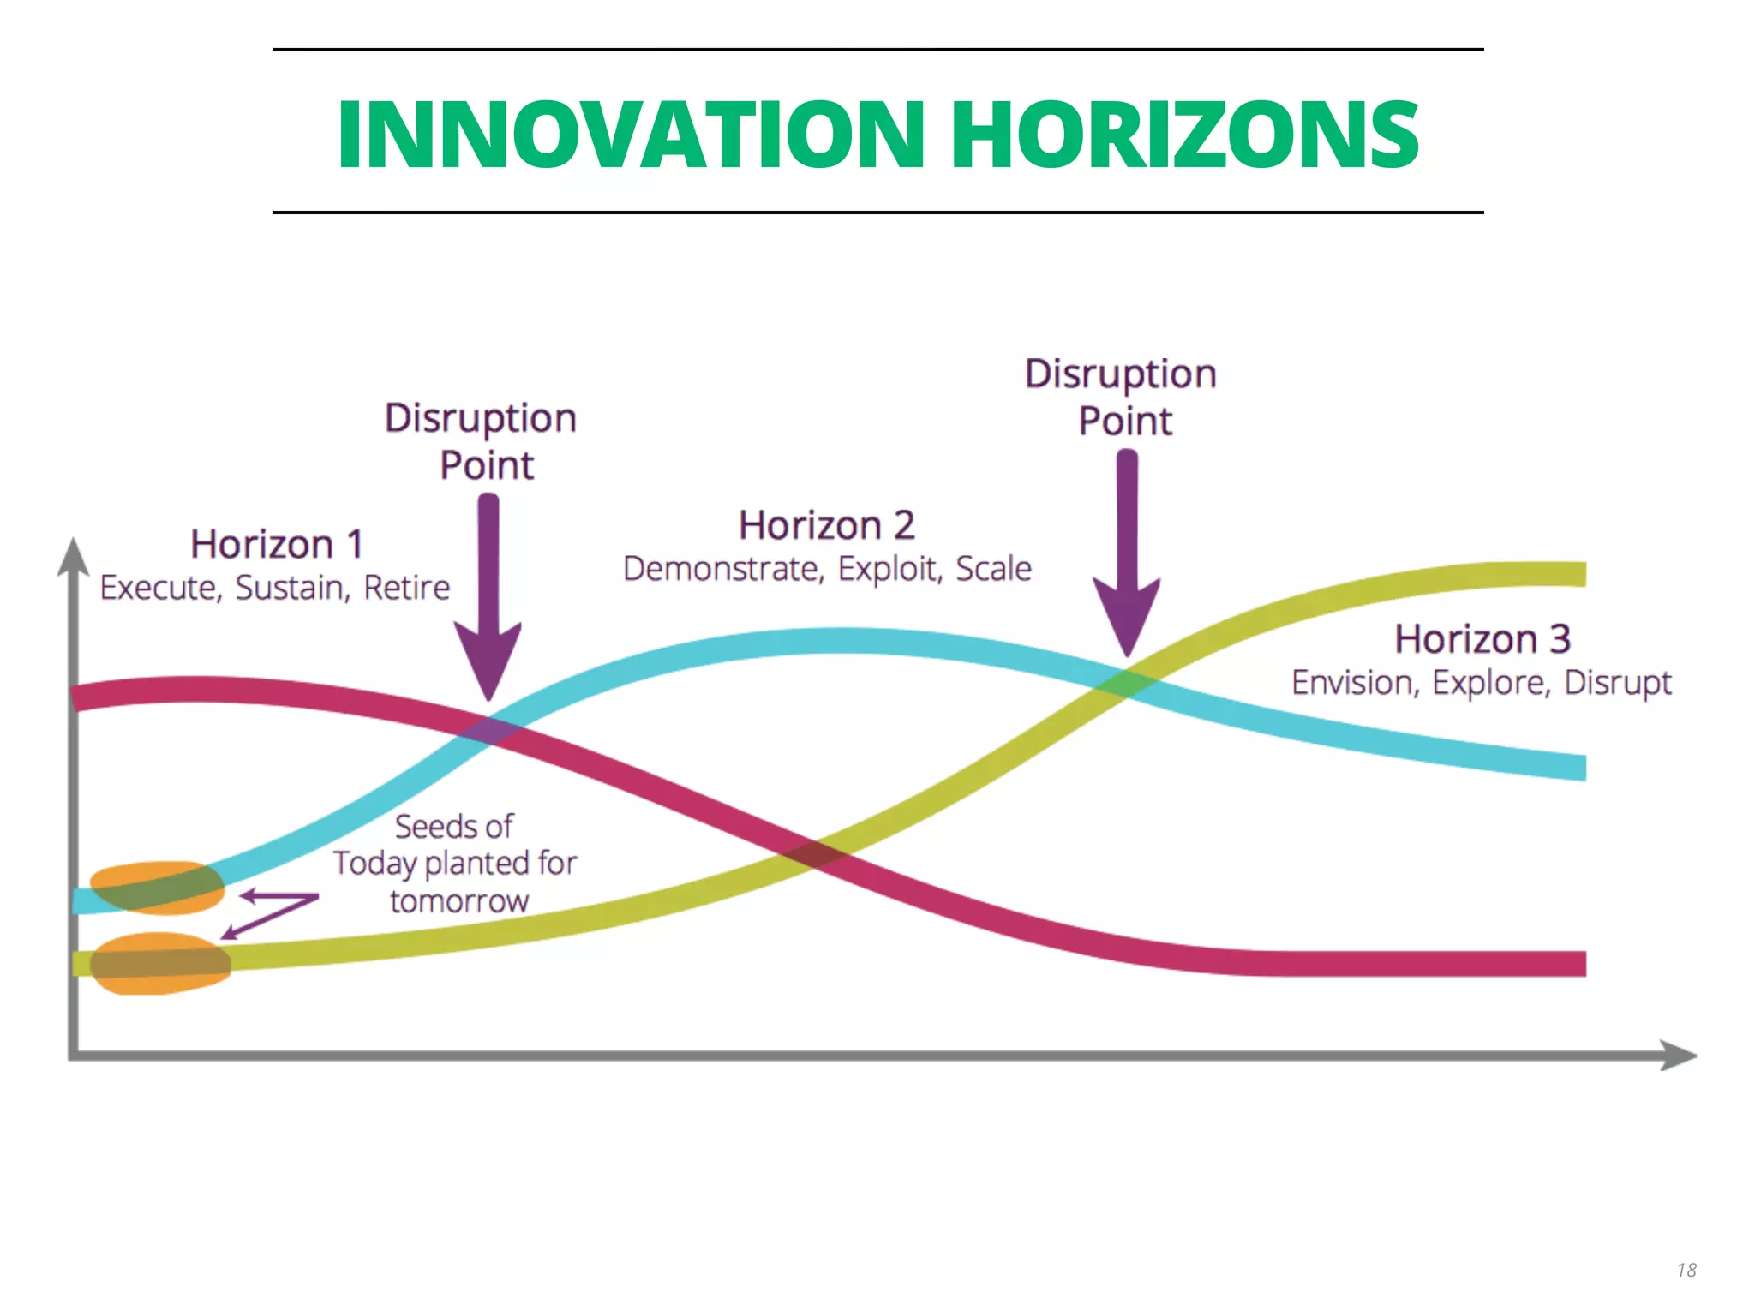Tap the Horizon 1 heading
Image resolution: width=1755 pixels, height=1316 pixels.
pyautogui.click(x=277, y=544)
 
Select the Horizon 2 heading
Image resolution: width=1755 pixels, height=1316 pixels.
pyautogui.click(x=827, y=525)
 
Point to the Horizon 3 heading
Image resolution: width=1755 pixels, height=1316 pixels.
pyautogui.click(x=1482, y=639)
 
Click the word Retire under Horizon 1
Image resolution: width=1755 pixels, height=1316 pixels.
pyautogui.click(x=407, y=588)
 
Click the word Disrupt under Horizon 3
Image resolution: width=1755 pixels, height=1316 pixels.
pyautogui.click(x=1618, y=683)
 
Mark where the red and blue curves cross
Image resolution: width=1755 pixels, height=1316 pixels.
pyautogui.click(x=490, y=731)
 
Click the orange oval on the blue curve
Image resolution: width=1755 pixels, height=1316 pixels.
pyautogui.click(x=157, y=888)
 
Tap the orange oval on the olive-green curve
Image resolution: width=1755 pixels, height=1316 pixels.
pyautogui.click(x=160, y=964)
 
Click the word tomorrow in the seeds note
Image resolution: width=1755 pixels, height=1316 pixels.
pyautogui.click(x=459, y=901)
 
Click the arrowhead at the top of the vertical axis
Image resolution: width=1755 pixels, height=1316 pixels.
pyautogui.click(x=74, y=557)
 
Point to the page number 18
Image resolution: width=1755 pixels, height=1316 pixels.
pyautogui.click(x=1686, y=1270)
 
